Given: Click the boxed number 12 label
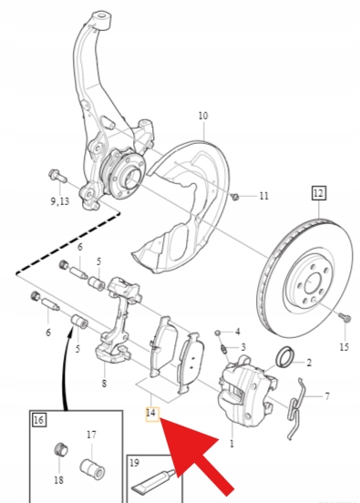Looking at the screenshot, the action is (319, 193).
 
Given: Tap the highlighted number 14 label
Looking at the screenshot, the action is (152, 414).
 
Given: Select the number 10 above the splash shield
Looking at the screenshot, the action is (203, 116).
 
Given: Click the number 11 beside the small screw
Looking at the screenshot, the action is (263, 196).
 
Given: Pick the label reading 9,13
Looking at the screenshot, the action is (59, 201).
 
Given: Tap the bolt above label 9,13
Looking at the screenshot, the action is (57, 176).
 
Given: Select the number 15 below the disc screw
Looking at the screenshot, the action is (344, 347).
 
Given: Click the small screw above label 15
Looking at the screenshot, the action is (345, 319).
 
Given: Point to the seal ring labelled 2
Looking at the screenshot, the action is (283, 356).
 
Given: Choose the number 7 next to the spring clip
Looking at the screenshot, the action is (326, 396).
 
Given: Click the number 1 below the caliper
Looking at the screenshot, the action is (231, 444).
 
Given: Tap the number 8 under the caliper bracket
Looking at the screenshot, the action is (104, 384).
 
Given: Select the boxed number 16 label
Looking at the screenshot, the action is (38, 420).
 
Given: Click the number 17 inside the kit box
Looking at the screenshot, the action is (91, 435).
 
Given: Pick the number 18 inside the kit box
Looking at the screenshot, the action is (58, 480).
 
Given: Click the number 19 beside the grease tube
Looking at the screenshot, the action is (135, 463).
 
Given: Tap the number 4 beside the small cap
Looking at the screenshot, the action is (238, 332).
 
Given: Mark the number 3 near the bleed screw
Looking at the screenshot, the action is (243, 347).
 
